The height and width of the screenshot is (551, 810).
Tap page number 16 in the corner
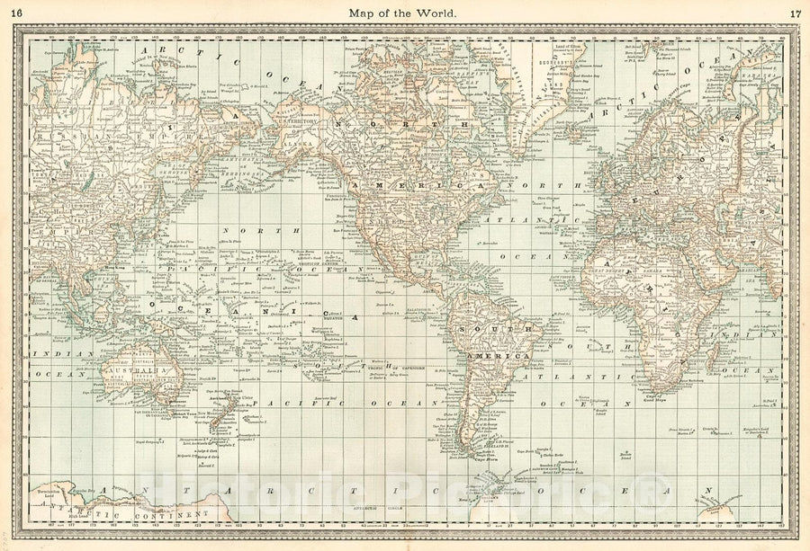click(19, 13)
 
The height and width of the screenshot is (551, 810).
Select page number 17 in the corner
click(794, 13)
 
